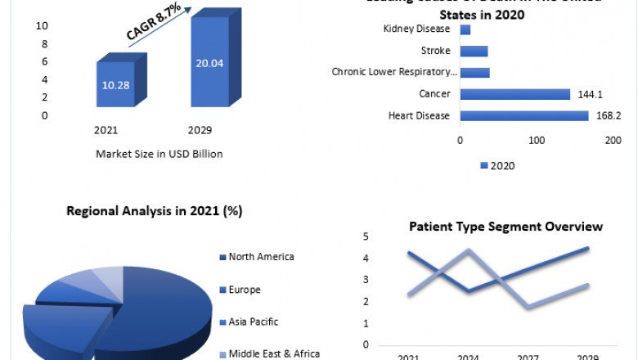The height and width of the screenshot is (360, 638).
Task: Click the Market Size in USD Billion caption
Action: click(x=159, y=153)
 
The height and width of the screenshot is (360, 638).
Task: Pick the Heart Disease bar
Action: click(x=524, y=115)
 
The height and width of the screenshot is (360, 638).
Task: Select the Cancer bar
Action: click(x=514, y=94)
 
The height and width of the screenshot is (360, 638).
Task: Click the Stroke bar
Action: click(x=474, y=51)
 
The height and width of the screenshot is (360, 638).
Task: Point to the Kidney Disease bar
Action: click(x=465, y=29)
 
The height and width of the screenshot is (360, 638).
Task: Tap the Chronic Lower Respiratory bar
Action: click(x=474, y=72)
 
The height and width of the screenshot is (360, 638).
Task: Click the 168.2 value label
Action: click(x=606, y=115)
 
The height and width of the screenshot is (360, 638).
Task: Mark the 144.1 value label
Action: click(x=588, y=94)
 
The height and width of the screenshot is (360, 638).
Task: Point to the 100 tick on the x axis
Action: click(x=537, y=141)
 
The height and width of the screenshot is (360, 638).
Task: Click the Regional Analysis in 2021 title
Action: click(x=154, y=211)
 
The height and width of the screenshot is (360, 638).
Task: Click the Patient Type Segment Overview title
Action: click(x=505, y=227)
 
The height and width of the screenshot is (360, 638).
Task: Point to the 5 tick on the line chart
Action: click(x=366, y=237)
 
